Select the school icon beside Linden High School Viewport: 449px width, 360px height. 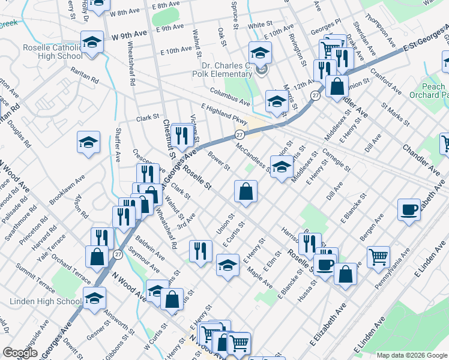[x=95, y=298]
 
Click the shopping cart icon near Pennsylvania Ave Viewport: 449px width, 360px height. [x=378, y=257]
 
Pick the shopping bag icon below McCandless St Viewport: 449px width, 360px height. [x=247, y=193]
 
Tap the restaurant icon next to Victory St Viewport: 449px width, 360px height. [x=181, y=134]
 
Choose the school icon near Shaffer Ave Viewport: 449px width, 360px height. [x=88, y=143]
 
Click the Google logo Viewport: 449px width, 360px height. [x=20, y=353]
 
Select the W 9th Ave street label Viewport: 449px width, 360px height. [x=129, y=35]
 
